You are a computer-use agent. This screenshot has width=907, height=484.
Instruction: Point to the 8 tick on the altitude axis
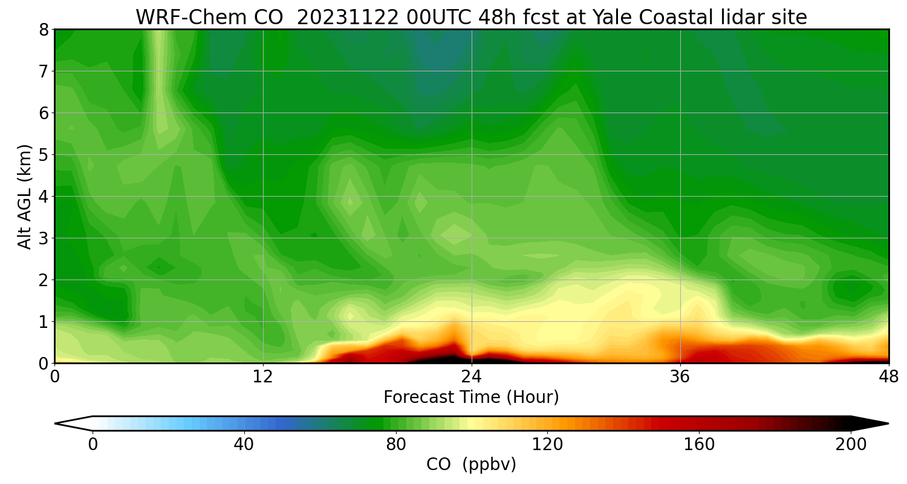pos(44,30)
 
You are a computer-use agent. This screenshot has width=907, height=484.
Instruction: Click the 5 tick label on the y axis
pos(44,155)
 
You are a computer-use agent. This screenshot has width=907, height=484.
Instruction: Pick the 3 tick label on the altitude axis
pos(44,238)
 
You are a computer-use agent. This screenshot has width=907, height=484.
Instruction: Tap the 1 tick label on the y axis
pos(44,322)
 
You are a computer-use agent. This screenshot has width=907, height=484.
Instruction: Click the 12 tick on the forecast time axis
pos(263,376)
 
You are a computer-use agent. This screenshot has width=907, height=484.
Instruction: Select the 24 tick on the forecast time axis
pos(472,376)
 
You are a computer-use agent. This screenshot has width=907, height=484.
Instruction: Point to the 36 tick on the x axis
pos(680,376)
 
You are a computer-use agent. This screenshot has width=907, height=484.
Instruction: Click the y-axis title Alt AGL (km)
pos(25,197)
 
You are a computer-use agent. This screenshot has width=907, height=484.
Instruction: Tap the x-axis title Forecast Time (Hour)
pos(471,397)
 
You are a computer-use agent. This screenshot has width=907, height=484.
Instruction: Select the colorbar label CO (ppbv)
pos(471,465)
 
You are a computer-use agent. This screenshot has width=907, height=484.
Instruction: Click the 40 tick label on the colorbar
pos(244,445)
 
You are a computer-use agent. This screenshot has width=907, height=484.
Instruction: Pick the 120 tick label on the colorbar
pos(548,445)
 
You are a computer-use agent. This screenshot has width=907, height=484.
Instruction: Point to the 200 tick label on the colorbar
pos(851,445)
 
